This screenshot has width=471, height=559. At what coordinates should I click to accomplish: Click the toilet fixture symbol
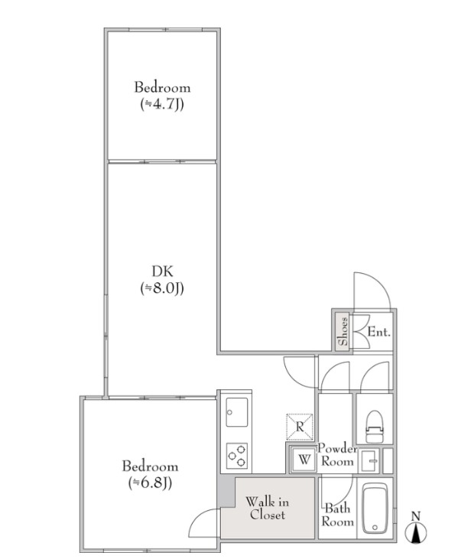374,427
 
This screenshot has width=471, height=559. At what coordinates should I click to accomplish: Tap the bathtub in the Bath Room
375,509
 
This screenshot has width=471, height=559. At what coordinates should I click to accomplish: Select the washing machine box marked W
304,459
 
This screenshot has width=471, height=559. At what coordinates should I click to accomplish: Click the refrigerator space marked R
300,427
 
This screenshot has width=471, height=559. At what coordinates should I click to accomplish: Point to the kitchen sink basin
237,412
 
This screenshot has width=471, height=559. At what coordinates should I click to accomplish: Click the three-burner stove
237,456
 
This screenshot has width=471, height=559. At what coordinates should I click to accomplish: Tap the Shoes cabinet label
343,331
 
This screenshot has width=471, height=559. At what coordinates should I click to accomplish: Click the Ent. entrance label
379,332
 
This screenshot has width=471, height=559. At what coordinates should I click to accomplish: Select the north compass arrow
416,533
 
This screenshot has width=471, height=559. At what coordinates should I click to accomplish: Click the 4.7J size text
162,104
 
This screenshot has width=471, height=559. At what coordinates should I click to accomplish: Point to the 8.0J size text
162,288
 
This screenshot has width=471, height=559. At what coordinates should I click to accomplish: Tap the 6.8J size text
150,483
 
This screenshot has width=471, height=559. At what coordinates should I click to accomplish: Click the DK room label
163,271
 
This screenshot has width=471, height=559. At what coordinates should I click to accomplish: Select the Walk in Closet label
267,509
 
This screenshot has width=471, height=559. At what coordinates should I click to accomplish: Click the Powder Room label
337,454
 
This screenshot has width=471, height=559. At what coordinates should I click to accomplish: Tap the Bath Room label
338,515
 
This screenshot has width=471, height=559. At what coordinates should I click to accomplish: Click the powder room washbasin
369,461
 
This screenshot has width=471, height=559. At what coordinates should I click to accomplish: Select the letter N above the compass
416,515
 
